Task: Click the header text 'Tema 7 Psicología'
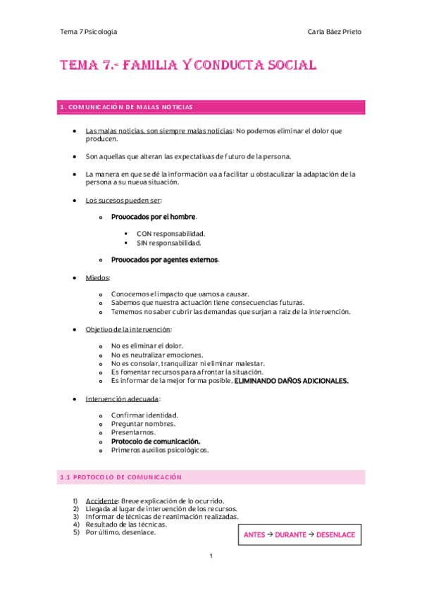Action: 89,32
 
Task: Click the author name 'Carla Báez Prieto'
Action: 335,32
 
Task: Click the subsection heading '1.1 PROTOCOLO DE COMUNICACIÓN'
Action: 120,477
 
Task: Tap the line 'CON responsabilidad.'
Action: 170,233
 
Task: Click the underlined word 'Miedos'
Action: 98,277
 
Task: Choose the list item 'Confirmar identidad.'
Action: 144,415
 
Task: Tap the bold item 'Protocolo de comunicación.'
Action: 156,441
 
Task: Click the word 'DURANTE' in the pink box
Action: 291,535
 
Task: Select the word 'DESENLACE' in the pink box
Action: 335,535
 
